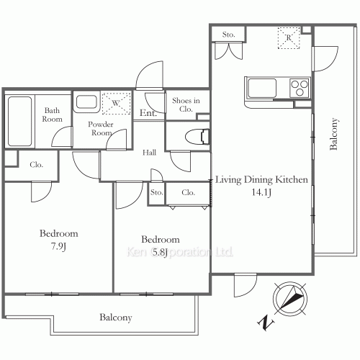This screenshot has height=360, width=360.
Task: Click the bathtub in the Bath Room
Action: pos(19,121)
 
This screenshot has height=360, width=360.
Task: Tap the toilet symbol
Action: pos(197,137)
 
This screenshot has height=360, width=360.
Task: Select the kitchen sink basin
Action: pos(261,88)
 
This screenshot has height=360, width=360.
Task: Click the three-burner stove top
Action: pos(300,88)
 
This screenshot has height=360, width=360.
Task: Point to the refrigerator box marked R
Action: pos(289,38)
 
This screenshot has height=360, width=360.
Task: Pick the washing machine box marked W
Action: pos(116,103)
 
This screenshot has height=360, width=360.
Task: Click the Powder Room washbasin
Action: pos(86,102)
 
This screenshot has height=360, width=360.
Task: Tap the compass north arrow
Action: pos(290,299)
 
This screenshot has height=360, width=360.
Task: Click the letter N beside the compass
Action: pos(266,323)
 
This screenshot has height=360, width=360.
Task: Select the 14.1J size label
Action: pos(261,192)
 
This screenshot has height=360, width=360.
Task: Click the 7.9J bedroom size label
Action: pos(58,246)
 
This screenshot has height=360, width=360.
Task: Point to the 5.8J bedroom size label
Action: pos(160,253)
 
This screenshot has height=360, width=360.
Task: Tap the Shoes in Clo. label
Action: pos(186,104)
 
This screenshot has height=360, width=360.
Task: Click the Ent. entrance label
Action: pos(148,112)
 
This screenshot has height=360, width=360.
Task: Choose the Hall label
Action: pos(149,153)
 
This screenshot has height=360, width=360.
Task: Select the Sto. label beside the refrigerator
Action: pos(228,35)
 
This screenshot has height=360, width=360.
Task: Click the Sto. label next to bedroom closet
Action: pos(156,192)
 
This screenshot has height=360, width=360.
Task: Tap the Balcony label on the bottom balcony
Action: pos(116,318)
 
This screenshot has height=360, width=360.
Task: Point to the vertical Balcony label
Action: pos(333,134)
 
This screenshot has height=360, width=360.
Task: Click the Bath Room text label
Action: pos(52,114)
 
